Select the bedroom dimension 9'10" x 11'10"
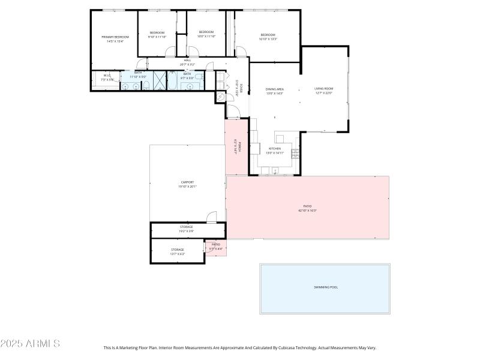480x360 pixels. click(x=157, y=37)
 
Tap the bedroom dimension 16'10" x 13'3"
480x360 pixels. click(x=268, y=39)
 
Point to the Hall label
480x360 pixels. click(x=187, y=60)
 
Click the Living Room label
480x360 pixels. click(x=323, y=89)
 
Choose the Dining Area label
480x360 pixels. click(x=275, y=89)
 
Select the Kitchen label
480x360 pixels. click(x=275, y=148)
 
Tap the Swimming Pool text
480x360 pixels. click(x=325, y=287)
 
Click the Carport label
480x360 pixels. click(x=187, y=182)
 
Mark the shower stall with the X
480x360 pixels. click(x=160, y=80)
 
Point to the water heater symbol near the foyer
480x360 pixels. click(x=220, y=96)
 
